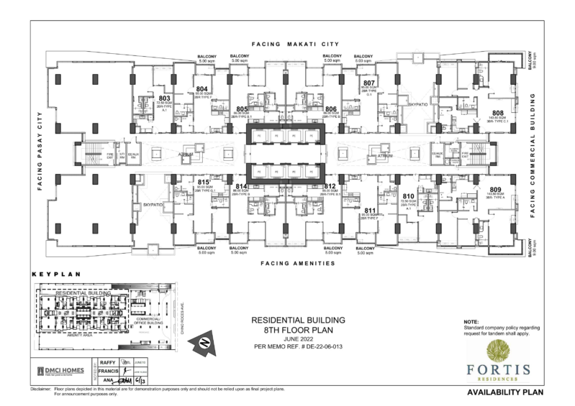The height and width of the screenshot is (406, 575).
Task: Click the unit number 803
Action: click(163, 98)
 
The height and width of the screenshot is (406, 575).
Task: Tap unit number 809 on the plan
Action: click(495, 189)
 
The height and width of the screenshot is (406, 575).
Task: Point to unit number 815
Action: click(204, 182)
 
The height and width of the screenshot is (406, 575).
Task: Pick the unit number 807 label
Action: click(369, 83)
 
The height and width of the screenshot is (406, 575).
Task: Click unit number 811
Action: click(370, 210)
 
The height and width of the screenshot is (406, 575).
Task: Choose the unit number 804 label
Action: click(202, 90)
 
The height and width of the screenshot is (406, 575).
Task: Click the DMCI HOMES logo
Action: click(60, 371)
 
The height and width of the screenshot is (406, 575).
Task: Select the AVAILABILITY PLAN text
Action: click(503, 393)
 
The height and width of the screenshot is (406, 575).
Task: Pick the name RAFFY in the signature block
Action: click(107, 363)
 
